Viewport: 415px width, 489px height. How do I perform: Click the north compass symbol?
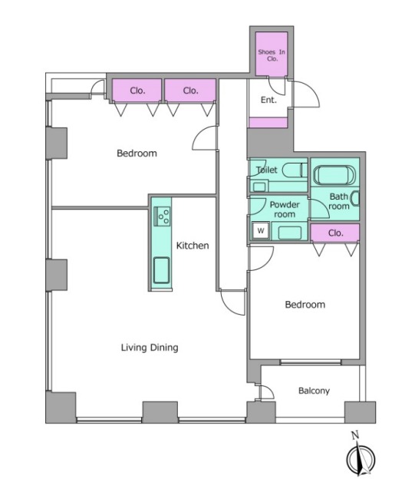361,458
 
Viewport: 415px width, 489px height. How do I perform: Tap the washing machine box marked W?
261,231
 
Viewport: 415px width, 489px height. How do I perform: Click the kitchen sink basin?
162,270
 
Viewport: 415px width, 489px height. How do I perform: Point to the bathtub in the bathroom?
334,176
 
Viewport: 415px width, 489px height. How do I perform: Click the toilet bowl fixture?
293,170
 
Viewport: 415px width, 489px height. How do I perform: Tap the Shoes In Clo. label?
272,55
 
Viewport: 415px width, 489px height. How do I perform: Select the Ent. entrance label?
268,100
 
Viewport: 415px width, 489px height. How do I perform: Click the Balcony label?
314,391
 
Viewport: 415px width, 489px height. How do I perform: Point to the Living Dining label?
150,348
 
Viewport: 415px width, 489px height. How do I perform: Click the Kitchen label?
193,246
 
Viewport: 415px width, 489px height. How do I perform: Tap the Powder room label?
285,210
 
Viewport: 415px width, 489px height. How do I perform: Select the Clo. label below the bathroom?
335,233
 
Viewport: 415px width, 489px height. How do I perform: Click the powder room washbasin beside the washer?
290,233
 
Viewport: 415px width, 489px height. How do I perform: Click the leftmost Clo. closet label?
137,91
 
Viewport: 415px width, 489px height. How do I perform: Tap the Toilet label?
267,170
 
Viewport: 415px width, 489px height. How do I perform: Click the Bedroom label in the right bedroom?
305,304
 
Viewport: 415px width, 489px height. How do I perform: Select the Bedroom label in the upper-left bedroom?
137,153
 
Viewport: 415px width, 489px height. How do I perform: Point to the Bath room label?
339,201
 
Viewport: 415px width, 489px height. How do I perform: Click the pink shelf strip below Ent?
268,123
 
